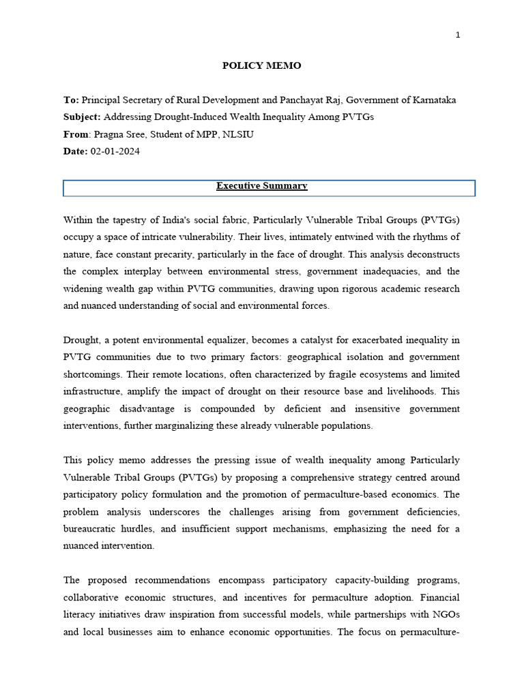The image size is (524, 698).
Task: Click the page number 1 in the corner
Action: (x=458, y=35)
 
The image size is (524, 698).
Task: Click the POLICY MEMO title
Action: (x=261, y=66)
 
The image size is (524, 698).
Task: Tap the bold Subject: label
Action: (x=82, y=117)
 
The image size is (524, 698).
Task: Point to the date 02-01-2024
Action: (x=115, y=151)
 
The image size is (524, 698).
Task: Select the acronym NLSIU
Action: (x=238, y=134)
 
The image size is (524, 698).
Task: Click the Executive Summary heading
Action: (x=261, y=186)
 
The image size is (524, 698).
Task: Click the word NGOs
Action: (x=445, y=614)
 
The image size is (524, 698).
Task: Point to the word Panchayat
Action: (x=285, y=100)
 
